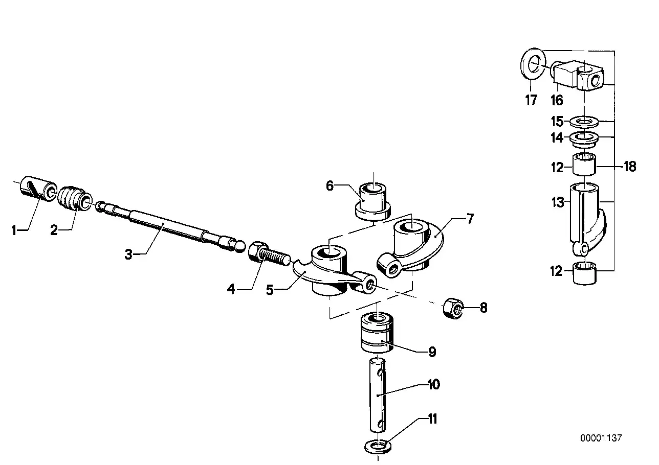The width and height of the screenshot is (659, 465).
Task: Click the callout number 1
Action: click(14, 230)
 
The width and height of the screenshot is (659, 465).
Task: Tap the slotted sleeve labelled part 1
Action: click(38, 189)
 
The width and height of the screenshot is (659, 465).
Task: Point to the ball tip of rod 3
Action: click(240, 246)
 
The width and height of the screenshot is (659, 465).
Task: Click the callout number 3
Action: click(128, 254)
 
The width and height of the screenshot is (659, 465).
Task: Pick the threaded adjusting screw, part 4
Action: click(269, 254)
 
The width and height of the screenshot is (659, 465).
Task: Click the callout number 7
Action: click(470, 219)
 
